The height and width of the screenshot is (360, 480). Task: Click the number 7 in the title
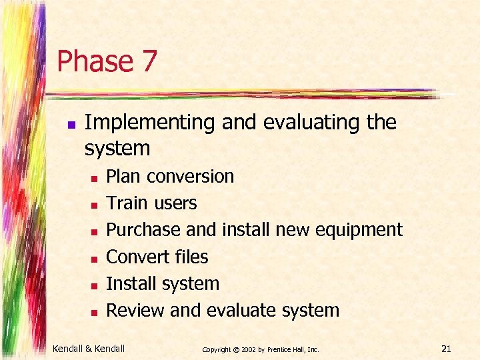click(149, 61)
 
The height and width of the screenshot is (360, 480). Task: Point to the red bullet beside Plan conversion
click(95, 177)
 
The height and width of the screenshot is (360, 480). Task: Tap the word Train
click(127, 203)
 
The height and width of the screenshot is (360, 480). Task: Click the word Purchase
click(143, 230)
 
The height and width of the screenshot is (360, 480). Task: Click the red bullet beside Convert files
click(95, 258)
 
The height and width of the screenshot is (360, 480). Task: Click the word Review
click(136, 310)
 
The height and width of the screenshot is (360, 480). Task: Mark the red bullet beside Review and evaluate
click(95, 311)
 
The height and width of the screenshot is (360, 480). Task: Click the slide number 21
click(446, 347)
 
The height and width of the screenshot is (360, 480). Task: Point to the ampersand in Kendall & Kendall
click(91, 348)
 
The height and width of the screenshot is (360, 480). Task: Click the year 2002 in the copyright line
click(247, 349)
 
